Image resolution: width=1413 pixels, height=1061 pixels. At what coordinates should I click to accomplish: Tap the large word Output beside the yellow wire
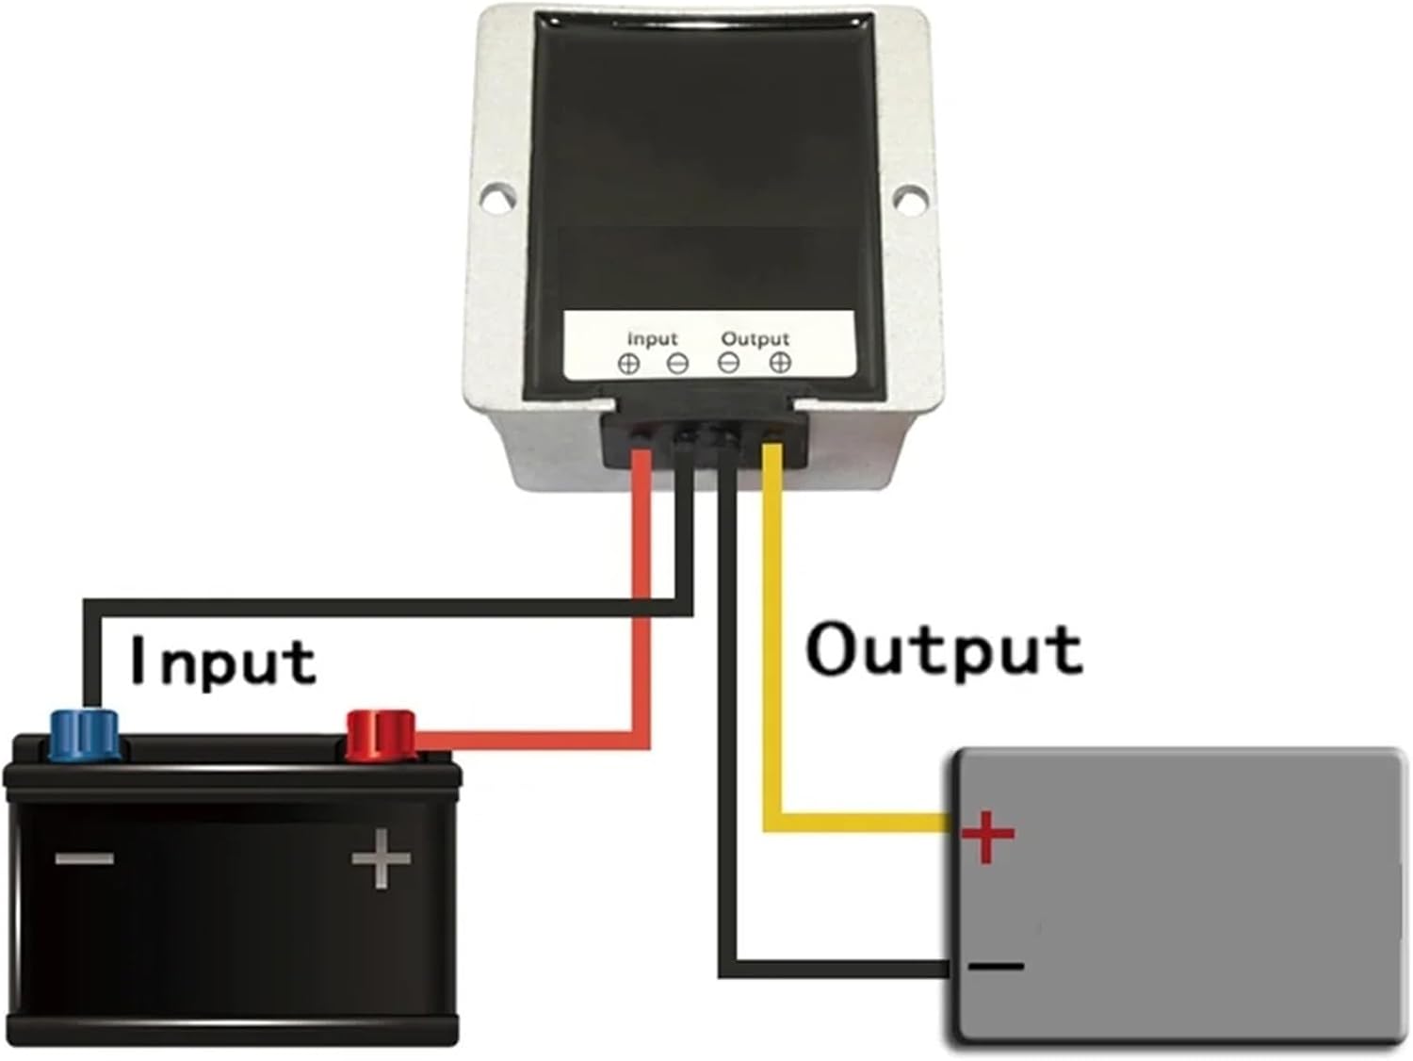[944, 650]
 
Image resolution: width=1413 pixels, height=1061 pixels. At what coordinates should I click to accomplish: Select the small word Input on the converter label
[652, 338]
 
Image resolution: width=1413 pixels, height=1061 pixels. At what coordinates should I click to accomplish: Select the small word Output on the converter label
[755, 338]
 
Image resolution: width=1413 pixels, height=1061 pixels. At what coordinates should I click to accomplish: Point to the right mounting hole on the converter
[906, 198]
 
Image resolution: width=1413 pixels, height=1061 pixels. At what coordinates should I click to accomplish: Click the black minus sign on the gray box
[995, 966]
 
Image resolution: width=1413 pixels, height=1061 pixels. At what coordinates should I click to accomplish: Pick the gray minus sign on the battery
[85, 858]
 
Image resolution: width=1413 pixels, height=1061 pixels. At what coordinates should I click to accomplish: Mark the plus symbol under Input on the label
[629, 363]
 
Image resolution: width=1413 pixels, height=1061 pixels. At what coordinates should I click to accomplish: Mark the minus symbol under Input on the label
[677, 363]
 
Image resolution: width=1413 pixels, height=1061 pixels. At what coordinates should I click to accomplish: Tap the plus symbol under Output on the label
[780, 363]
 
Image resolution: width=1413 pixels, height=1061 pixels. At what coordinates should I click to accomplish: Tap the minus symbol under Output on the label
[729, 363]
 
